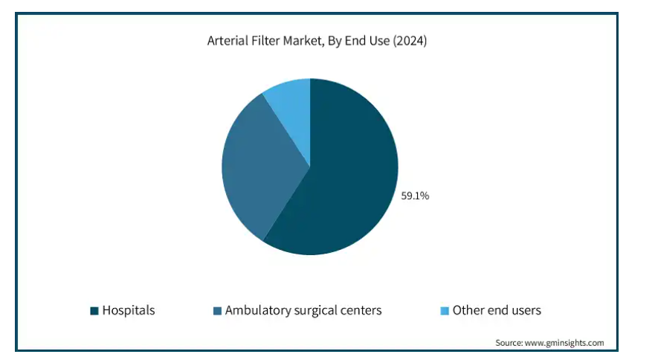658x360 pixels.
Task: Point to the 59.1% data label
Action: pos(415,196)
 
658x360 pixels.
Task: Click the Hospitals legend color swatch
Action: pos(94,311)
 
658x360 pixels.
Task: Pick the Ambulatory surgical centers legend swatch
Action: pos(217,311)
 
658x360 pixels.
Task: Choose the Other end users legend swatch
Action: pos(445,311)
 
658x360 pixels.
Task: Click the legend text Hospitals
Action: pos(129,310)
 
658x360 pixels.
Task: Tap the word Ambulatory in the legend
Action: pos(258,310)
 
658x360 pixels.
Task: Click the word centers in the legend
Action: pos(361,311)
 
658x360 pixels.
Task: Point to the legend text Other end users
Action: pos(497,310)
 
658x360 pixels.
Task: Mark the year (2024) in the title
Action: pos(410,41)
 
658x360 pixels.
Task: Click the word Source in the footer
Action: pos(509,343)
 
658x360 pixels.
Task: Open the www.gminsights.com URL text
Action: pos(564,343)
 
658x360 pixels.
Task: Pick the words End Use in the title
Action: pos(367,41)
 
